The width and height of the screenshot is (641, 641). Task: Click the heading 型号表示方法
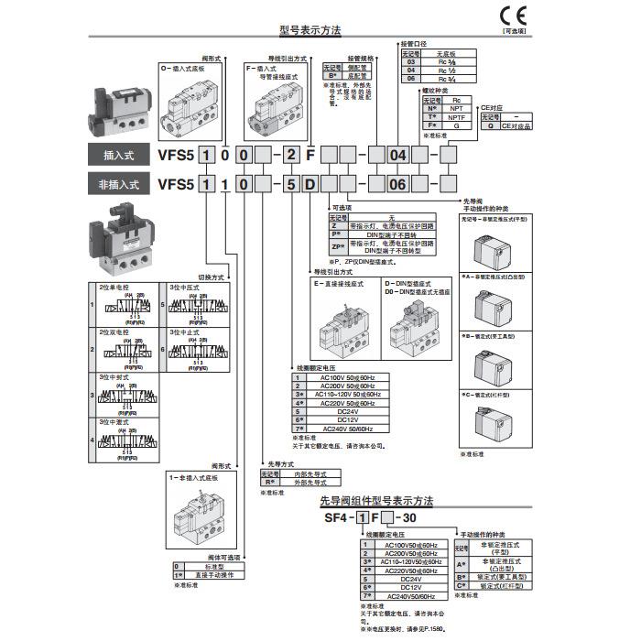coord(311,30)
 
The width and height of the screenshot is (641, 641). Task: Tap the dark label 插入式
coord(116,155)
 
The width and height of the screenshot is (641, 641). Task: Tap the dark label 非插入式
coord(116,183)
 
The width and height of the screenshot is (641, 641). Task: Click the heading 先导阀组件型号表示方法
coord(376,501)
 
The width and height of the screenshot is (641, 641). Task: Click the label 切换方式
coord(212,276)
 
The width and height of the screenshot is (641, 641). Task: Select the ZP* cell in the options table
coord(336,246)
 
